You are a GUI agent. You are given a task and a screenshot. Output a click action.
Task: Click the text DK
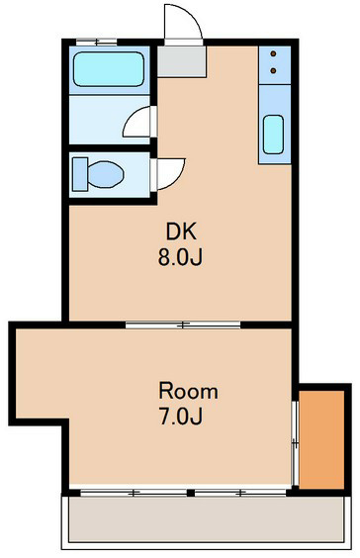181,233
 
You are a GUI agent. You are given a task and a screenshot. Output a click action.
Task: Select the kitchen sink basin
273,138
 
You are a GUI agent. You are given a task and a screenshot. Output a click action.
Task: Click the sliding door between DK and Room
183,324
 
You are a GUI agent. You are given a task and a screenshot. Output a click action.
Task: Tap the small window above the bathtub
96,42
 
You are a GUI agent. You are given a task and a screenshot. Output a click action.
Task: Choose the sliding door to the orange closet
295,437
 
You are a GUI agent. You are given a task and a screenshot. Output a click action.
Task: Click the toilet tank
78,175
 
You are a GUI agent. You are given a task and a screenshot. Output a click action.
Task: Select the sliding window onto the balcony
188,492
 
